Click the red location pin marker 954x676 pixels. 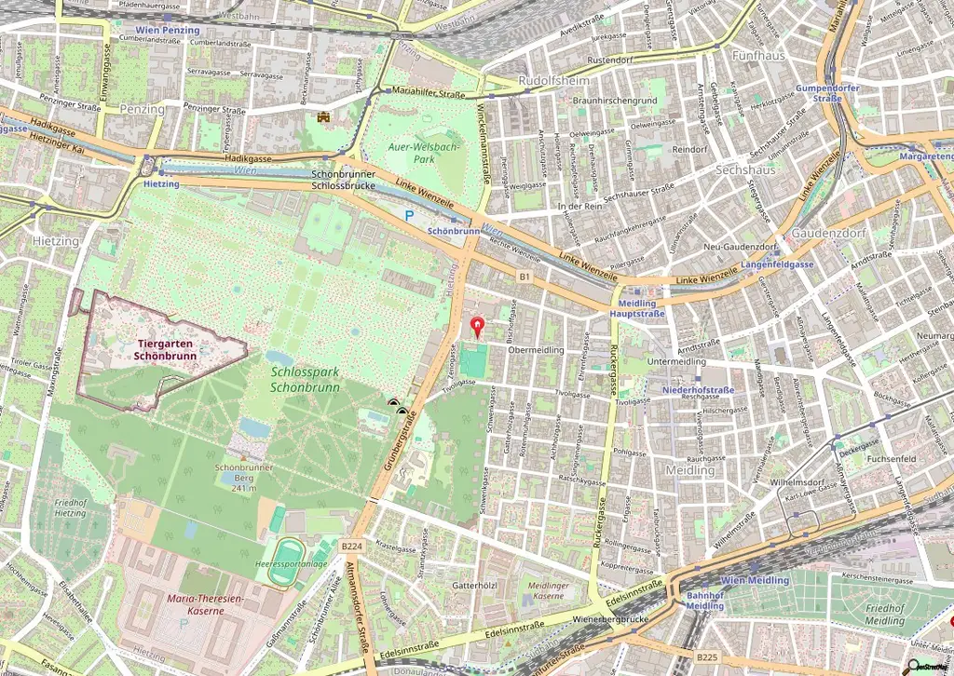[479, 327]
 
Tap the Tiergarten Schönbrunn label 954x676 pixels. [164, 348]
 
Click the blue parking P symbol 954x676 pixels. [409, 215]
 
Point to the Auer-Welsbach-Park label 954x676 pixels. [424, 152]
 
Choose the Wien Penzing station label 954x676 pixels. [169, 30]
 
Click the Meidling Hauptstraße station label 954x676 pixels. [638, 308]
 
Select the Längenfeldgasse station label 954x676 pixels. [779, 264]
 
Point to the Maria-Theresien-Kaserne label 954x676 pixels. [203, 604]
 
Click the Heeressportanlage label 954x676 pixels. [292, 564]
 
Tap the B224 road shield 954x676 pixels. [350, 546]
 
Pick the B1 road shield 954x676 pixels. [525, 277]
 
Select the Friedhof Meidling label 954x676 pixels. [884, 615]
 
